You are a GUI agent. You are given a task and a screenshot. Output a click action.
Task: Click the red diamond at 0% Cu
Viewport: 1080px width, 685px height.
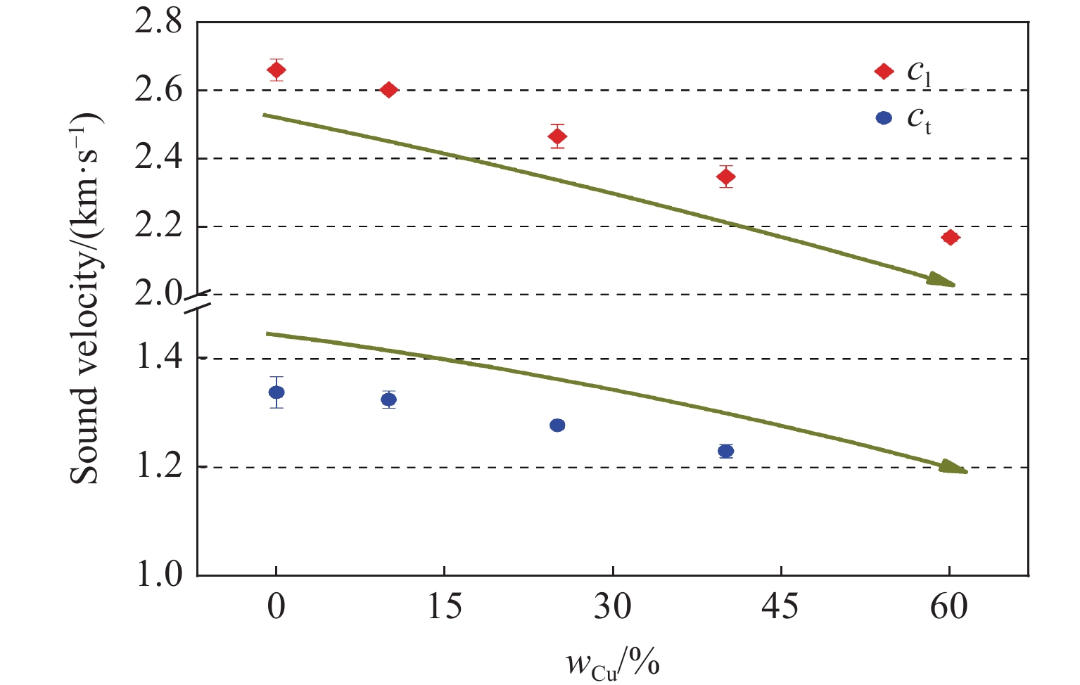(x=277, y=70)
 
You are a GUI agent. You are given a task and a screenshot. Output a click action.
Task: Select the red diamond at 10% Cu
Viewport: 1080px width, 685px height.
(x=388, y=90)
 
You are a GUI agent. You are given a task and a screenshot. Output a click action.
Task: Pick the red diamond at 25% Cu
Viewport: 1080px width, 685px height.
(x=557, y=136)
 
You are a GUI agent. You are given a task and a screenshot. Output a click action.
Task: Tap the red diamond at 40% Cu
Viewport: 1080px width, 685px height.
(x=726, y=177)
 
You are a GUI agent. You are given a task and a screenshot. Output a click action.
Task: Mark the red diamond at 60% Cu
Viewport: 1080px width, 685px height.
(x=951, y=238)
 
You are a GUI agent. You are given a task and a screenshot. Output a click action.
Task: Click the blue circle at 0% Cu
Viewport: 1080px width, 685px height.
(x=277, y=392)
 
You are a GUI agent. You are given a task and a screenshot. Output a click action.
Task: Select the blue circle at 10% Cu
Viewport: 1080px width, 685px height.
(x=388, y=399)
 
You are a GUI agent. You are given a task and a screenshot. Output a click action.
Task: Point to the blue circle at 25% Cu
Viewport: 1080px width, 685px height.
(x=557, y=425)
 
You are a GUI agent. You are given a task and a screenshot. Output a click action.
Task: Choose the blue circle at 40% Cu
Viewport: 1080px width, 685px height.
(x=726, y=451)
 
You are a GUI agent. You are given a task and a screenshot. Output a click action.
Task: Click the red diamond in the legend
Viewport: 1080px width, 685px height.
(x=884, y=71)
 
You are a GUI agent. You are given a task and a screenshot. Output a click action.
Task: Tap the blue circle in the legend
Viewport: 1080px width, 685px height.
(x=884, y=118)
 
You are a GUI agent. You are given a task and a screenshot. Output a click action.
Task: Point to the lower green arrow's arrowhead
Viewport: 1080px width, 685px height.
(x=955, y=468)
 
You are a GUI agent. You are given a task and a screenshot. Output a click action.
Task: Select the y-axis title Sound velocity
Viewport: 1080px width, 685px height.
(x=86, y=298)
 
